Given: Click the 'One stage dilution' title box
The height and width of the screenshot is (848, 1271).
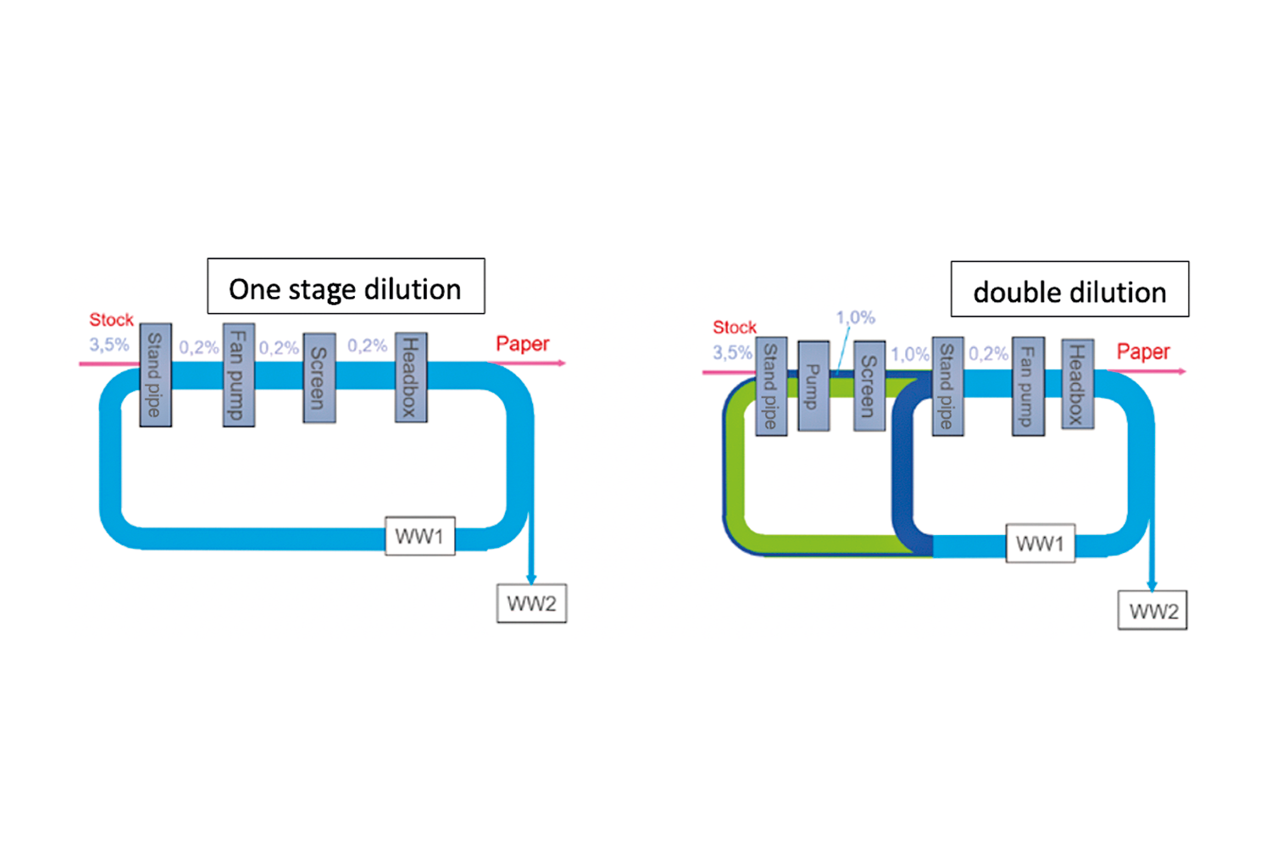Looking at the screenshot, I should (x=346, y=287).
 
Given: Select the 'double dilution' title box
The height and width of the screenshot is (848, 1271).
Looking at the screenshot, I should (x=1069, y=289).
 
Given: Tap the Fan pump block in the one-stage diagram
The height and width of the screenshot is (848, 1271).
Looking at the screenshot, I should (x=238, y=375).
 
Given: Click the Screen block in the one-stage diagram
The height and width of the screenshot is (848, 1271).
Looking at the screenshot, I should (x=319, y=377).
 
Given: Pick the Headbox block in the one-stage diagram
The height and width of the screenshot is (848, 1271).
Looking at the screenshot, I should (x=411, y=377).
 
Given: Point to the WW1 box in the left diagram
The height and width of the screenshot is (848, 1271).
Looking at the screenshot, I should (x=419, y=536).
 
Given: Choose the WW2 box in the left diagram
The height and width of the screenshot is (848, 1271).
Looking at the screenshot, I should (x=531, y=604).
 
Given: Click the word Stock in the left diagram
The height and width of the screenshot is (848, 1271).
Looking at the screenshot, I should (x=111, y=320).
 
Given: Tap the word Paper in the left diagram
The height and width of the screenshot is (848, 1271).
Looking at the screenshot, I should (x=522, y=343).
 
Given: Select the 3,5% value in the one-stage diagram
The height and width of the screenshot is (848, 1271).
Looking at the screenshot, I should (x=109, y=345).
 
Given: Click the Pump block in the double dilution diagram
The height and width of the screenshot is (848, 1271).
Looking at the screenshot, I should (x=813, y=386).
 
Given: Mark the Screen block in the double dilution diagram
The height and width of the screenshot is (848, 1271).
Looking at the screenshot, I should (x=869, y=386).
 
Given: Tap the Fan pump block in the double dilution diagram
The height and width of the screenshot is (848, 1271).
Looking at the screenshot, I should (x=1027, y=386).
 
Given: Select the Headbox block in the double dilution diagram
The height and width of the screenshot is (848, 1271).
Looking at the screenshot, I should (x=1077, y=384).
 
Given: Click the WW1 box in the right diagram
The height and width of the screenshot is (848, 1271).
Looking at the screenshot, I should (x=1040, y=544).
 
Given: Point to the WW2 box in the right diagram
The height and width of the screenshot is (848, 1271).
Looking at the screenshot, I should (x=1152, y=611).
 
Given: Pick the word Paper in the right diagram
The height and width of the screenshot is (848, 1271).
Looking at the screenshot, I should (x=1142, y=351).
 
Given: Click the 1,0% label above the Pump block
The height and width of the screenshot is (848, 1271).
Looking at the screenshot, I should (x=855, y=318).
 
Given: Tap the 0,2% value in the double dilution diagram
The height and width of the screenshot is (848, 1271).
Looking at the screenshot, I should (x=988, y=354).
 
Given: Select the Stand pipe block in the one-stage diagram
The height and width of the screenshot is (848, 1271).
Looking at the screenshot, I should (x=155, y=375).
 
